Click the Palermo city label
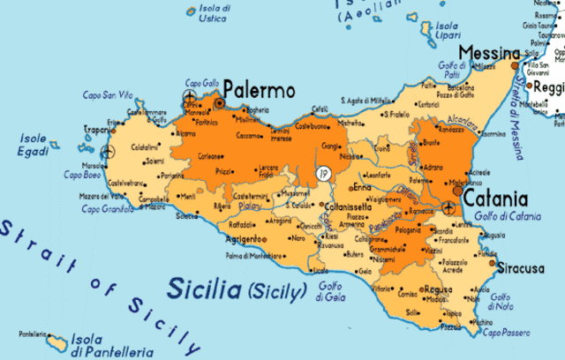[x=259, y=90]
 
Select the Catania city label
[x=495, y=199]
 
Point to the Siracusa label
[x=520, y=268]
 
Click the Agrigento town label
[x=243, y=239]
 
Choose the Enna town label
[x=362, y=187]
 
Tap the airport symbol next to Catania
[x=448, y=208]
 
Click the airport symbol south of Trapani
[x=107, y=152]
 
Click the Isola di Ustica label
[x=212, y=14]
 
